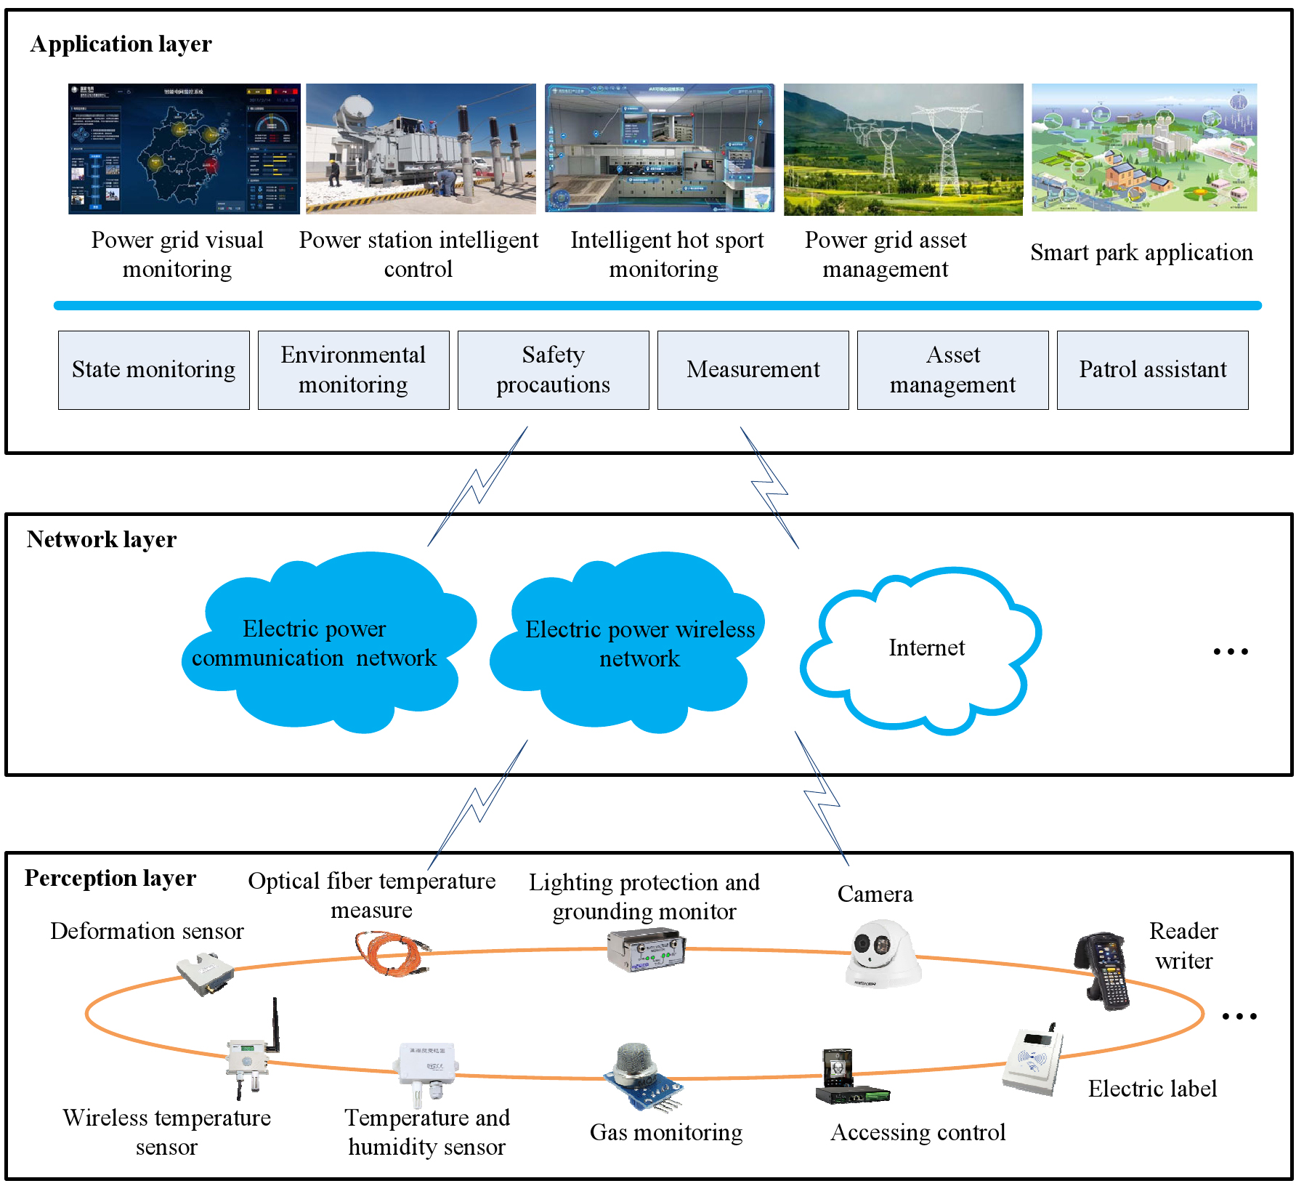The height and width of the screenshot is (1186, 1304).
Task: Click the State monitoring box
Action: [153, 370]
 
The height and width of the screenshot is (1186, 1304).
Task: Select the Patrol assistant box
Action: [1152, 370]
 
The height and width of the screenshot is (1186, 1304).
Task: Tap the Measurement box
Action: [753, 370]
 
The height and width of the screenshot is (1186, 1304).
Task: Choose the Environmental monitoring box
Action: [353, 370]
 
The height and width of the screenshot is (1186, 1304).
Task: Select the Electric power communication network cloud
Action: [320, 643]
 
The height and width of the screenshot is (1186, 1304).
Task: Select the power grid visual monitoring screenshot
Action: [184, 149]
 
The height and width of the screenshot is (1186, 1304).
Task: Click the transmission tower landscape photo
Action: [903, 149]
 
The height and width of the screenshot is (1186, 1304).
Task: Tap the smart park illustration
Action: [1143, 148]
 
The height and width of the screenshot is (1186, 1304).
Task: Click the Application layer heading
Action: [121, 44]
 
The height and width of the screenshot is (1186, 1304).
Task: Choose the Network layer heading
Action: [101, 540]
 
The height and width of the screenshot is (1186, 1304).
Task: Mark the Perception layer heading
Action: [110, 879]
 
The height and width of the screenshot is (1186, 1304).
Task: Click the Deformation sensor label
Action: [147, 932]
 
